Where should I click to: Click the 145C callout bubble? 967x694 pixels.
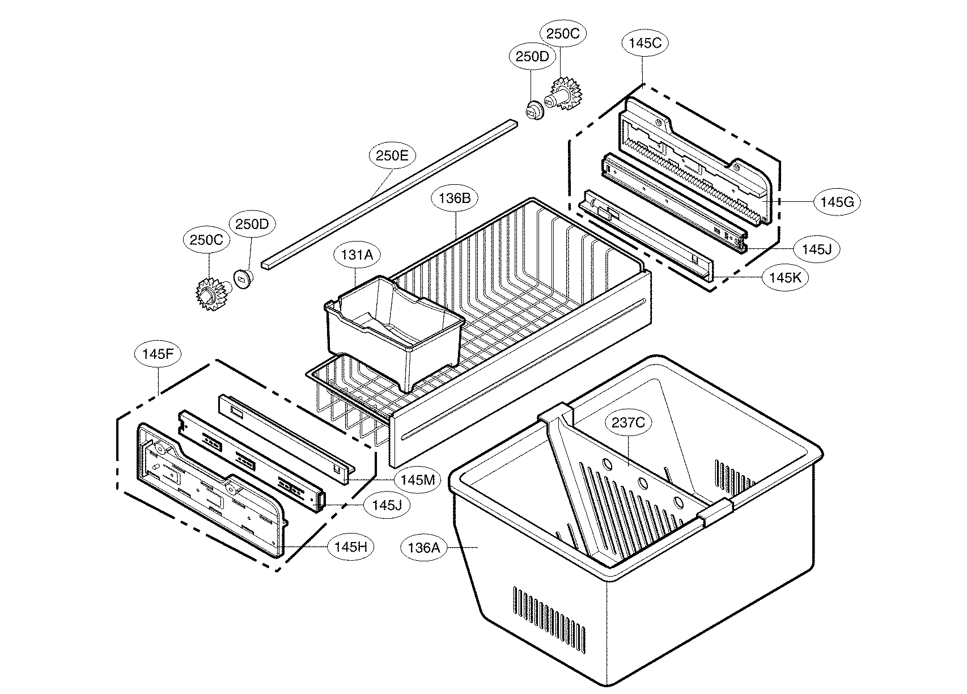coord(645,43)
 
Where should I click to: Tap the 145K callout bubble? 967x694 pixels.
coord(786,278)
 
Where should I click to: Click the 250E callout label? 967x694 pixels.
coord(392,155)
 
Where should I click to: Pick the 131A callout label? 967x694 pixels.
coord(357,255)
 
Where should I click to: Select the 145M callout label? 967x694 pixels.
coord(417,480)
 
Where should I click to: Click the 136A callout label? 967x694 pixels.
coord(424,548)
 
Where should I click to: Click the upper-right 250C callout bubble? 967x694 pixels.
coord(562,33)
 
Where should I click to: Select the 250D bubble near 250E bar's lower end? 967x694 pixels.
coord(252,224)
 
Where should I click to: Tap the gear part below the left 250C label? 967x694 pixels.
coord(212,294)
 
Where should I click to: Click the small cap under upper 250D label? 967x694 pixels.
coord(533,111)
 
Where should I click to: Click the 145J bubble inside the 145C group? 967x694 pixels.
coord(816,248)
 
